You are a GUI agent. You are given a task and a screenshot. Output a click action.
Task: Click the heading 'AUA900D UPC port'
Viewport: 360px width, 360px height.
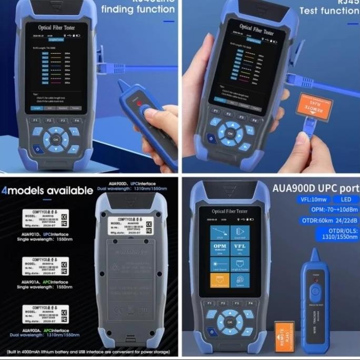315,188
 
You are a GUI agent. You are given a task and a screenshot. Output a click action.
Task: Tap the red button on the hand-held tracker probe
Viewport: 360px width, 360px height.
141,104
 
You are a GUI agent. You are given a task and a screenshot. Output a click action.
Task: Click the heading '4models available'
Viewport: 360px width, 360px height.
47,190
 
